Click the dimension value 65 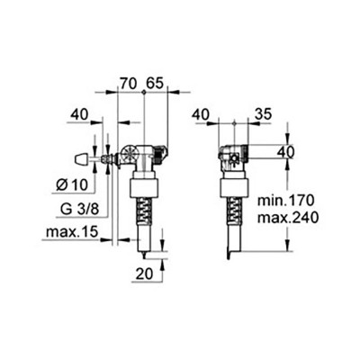(156, 81)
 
